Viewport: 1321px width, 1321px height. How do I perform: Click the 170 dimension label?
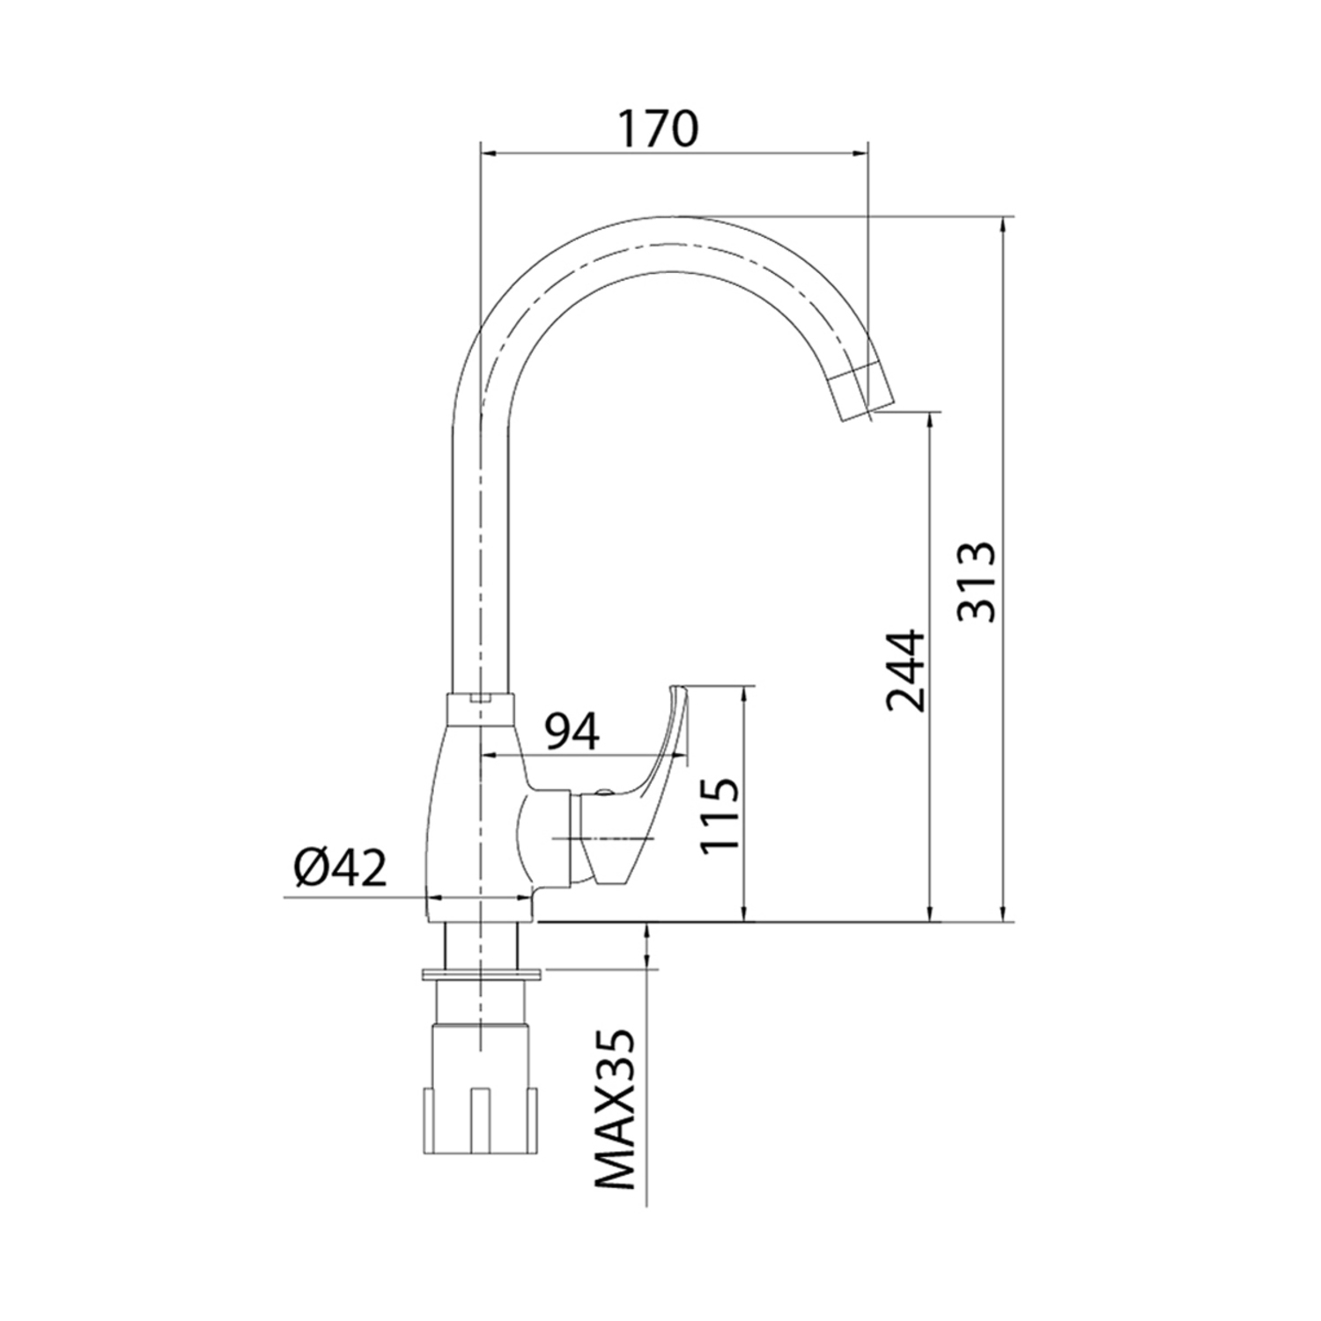657,129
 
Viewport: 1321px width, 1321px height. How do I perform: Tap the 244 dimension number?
906,670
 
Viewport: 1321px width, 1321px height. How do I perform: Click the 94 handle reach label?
571,731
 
